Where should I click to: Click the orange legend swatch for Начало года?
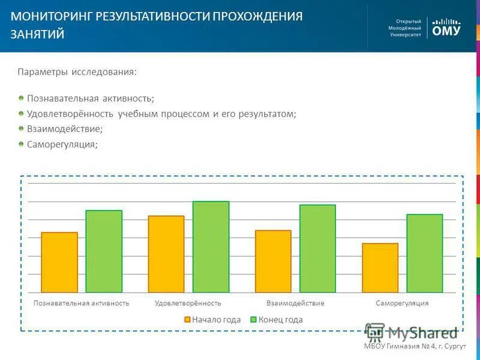click(187, 320)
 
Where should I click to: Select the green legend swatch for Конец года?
click(254, 320)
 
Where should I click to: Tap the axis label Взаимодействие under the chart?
click(295, 303)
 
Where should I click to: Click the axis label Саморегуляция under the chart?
click(402, 303)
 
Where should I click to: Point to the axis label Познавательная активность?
click(82, 303)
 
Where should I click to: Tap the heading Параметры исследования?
click(77, 72)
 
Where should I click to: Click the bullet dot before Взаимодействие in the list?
click(21, 128)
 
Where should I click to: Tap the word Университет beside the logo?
click(406, 35)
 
